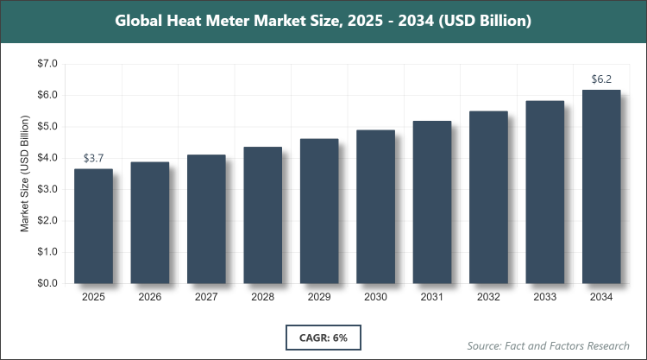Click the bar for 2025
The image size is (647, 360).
point(93,226)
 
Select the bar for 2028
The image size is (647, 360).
point(262,215)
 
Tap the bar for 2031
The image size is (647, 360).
point(432,202)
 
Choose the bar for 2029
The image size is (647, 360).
point(319,211)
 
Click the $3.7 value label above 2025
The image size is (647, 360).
point(93,159)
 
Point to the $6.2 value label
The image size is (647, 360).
point(601,79)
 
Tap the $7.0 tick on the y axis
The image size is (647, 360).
point(46,64)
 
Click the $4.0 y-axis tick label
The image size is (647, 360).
point(46,158)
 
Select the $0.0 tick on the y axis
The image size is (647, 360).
point(46,283)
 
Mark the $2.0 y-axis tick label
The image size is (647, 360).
point(46,221)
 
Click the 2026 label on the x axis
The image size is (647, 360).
point(149,298)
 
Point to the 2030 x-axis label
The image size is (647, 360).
point(375,298)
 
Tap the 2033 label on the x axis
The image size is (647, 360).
point(545,298)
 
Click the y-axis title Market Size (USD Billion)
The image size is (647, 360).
point(25,174)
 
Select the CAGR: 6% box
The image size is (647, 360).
point(323,336)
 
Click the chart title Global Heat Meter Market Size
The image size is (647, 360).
point(323,20)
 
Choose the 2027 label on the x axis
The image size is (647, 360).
point(206,298)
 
